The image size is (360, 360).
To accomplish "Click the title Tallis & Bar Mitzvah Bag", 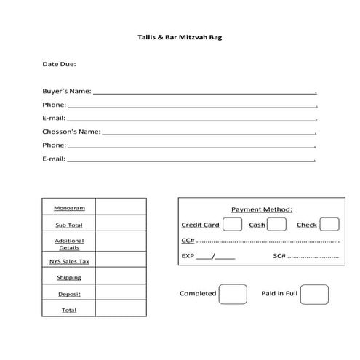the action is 180,36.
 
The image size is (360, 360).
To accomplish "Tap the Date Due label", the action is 59,64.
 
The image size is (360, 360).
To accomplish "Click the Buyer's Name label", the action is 67,92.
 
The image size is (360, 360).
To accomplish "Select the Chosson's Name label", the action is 71,132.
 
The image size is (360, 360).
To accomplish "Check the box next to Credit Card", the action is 232,224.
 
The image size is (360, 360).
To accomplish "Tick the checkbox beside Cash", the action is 276,224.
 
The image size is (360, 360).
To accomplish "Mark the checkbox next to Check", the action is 329,224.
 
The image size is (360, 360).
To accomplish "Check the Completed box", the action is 233,294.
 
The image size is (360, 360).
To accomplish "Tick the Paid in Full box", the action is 314,294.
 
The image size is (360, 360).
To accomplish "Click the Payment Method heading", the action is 261,209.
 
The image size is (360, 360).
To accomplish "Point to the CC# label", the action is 188,241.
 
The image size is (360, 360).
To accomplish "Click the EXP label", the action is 188,256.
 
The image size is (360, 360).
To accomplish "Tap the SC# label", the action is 279,256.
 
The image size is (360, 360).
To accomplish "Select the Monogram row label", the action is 69,208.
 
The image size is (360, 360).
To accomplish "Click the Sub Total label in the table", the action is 69,225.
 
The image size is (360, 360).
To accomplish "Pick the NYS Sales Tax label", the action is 69,261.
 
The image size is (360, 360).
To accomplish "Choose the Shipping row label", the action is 69,277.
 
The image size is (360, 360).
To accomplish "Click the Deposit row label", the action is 69,294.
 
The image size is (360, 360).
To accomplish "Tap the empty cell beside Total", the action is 120,310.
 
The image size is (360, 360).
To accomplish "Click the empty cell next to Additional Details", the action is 120,244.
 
